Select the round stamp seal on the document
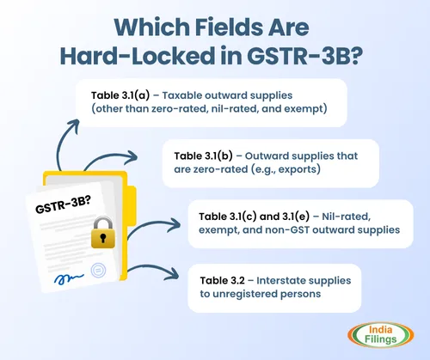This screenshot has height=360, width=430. point(98,273)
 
